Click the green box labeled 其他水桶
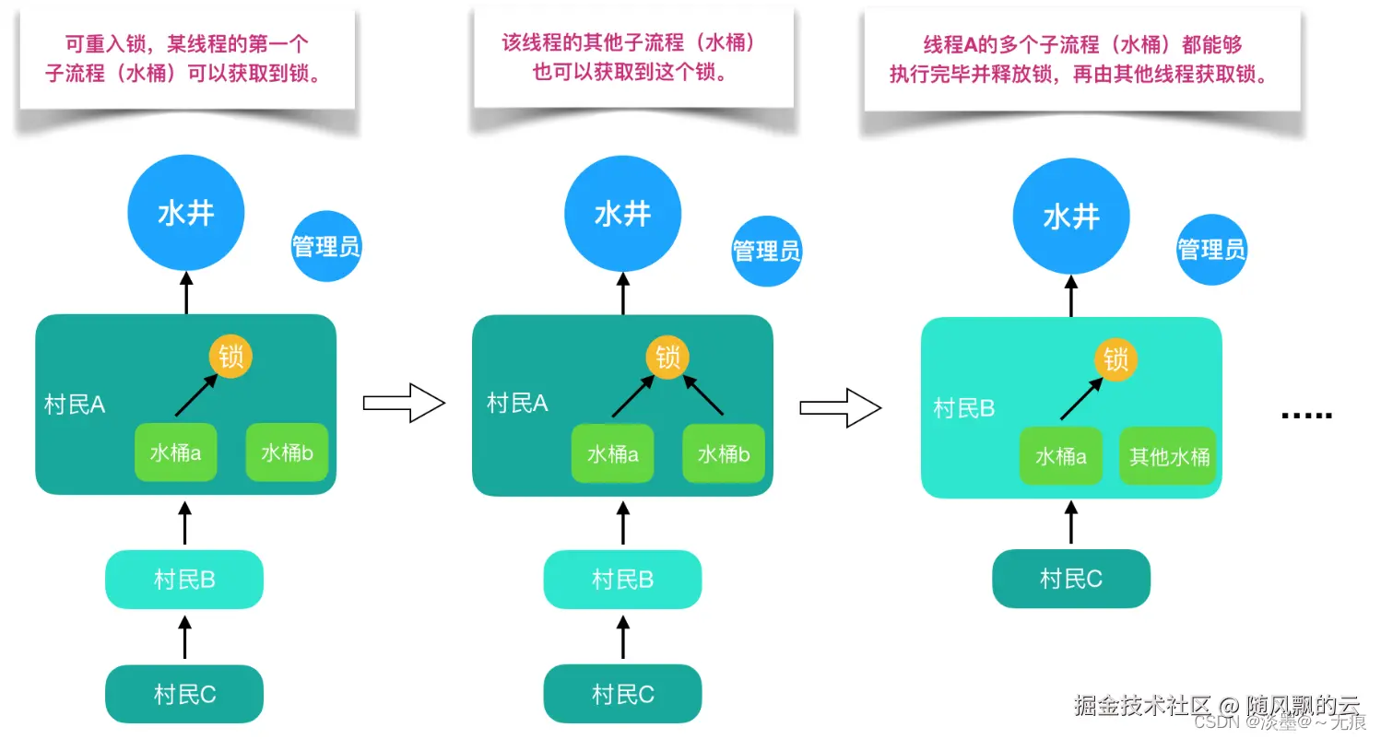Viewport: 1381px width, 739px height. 1168,455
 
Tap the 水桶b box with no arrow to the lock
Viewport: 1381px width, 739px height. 286,452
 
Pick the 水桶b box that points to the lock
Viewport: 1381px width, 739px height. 724,453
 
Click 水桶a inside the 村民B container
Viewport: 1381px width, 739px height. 1060,455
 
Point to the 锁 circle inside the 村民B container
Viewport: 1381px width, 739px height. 1115,359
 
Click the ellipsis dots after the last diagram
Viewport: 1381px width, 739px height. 1307,416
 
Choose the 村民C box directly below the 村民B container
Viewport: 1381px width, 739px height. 1070,579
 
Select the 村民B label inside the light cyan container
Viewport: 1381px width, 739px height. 963,407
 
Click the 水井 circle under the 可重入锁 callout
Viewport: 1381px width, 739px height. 186,214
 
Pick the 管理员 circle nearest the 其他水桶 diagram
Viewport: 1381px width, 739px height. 1211,249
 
